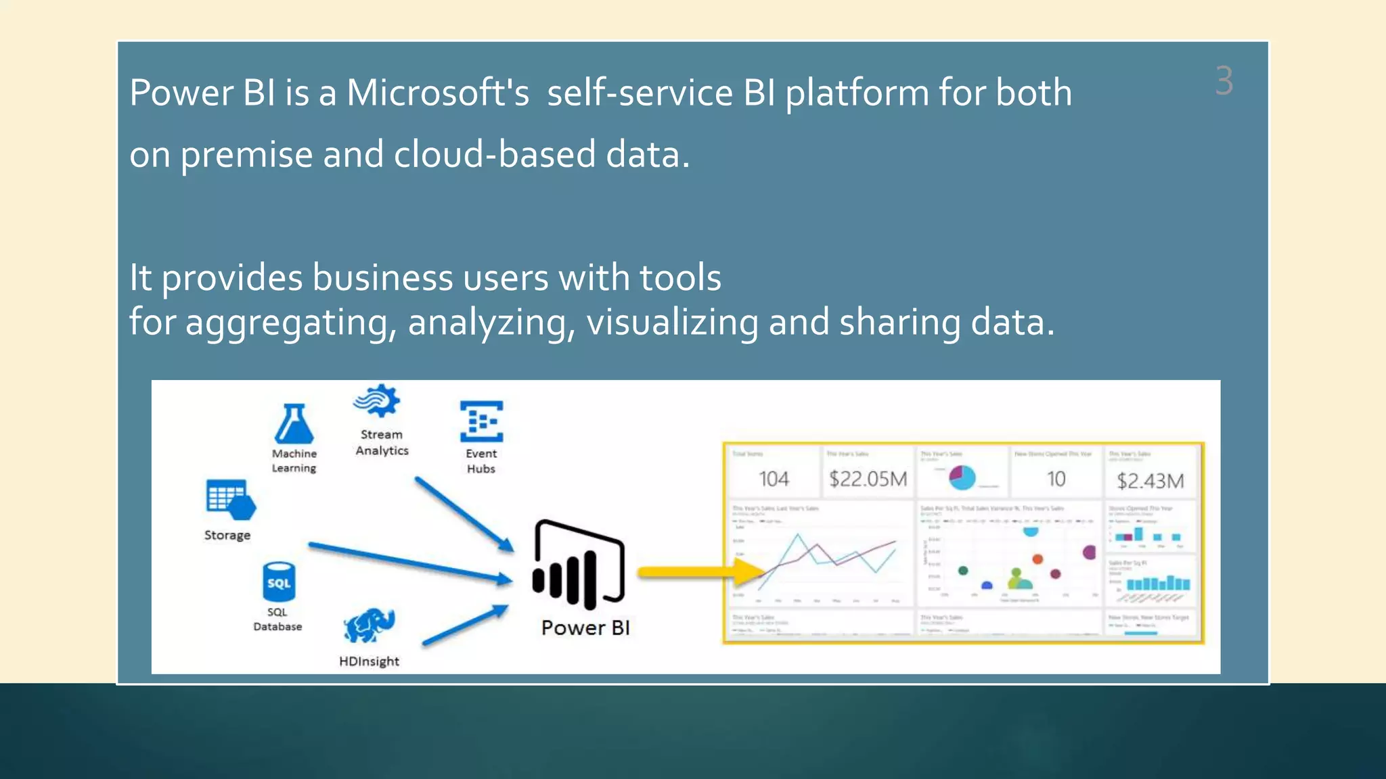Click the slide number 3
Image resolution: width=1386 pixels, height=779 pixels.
(x=1224, y=81)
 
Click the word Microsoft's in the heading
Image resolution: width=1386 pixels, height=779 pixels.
(x=437, y=93)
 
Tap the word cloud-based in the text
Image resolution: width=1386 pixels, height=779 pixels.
(x=494, y=154)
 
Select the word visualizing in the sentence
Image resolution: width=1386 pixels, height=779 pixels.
(x=672, y=322)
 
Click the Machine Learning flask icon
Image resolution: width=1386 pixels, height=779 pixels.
(x=294, y=424)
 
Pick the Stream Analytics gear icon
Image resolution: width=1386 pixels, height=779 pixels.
(x=378, y=401)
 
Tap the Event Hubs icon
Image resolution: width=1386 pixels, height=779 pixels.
(x=481, y=421)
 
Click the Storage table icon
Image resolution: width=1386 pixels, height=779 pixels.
(x=229, y=500)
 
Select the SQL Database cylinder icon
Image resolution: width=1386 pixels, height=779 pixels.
(x=278, y=582)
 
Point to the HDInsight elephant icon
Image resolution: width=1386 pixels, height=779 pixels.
(x=369, y=625)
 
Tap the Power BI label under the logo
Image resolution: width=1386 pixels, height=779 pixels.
(x=585, y=628)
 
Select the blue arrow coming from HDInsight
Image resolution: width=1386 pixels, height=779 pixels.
(x=466, y=625)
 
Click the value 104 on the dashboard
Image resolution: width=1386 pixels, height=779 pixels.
(x=774, y=479)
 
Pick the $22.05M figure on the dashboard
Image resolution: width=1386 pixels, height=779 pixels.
(x=868, y=479)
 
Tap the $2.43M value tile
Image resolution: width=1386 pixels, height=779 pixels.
(x=1150, y=481)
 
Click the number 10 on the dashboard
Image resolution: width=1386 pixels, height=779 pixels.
(x=1056, y=479)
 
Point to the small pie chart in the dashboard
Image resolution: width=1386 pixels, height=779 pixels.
(x=962, y=478)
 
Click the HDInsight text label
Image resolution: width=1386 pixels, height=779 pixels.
(x=369, y=661)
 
